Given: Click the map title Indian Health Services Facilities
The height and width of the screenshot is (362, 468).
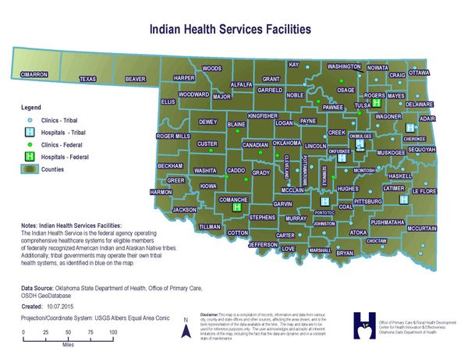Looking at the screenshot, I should [x=230, y=29].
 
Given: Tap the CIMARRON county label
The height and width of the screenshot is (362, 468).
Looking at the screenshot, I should [x=34, y=74].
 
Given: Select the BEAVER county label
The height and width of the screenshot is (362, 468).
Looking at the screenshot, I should [x=136, y=79].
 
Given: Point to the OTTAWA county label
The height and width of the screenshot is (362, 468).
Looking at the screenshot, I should [x=419, y=73].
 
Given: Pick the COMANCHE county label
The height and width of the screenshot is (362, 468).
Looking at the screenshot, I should [x=233, y=200].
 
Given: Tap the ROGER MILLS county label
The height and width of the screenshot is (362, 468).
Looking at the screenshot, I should [x=173, y=136].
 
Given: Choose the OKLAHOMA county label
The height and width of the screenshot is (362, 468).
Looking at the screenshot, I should [x=292, y=144].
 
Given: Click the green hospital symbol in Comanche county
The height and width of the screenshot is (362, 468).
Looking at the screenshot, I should [x=236, y=208].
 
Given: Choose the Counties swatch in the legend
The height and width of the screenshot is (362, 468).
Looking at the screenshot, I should [x=30, y=169].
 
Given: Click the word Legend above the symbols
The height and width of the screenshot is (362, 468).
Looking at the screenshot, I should [x=30, y=106].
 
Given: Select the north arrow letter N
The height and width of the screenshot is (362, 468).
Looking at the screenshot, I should [x=186, y=320].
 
